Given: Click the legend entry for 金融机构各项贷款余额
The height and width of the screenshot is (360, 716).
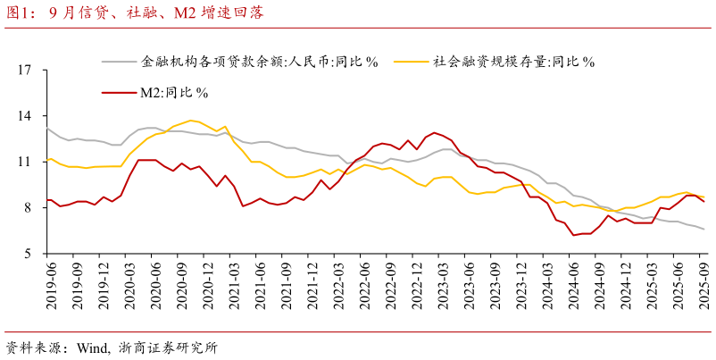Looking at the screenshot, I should coord(260,62).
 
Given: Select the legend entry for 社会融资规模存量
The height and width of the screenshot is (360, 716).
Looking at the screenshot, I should coord(513,62).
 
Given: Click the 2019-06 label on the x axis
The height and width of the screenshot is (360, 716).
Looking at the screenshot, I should coord(50,285).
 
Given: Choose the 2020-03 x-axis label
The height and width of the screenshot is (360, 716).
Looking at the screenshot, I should coord(129,285).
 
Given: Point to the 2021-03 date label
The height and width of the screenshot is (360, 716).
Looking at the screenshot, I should coord(235,285).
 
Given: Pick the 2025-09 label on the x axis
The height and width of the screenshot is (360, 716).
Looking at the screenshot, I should coord(705,285).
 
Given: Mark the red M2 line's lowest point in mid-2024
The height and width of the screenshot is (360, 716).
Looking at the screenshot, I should coord(574,235).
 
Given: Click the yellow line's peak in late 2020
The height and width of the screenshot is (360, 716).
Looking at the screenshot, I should coord(191,120).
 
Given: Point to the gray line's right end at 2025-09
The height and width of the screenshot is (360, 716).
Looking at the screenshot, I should coord(704,230).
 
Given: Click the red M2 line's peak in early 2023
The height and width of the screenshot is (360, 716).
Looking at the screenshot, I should coord(435,132).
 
